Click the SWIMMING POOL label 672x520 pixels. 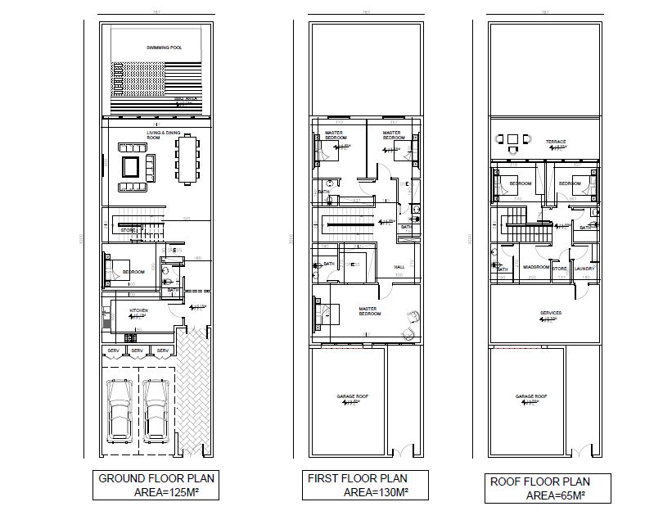(164, 48)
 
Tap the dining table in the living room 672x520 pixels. (187, 158)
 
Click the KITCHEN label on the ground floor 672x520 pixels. (138, 311)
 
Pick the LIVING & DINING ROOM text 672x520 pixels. (164, 133)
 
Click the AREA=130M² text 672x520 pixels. (376, 492)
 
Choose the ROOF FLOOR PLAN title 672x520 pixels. (539, 482)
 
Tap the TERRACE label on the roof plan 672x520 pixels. (556, 142)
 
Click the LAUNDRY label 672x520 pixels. (584, 268)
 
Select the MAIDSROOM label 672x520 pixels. (535, 268)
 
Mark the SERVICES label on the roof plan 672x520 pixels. (550, 313)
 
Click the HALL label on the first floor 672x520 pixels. (399, 267)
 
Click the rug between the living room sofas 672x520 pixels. (131, 167)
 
